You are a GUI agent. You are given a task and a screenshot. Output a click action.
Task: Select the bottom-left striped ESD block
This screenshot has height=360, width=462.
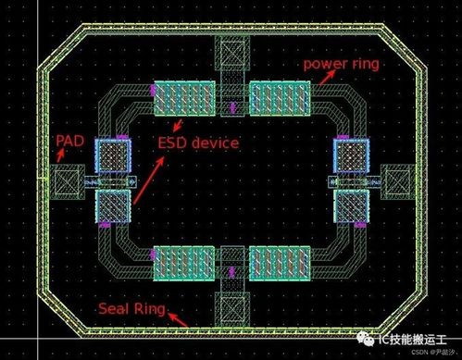(x=183, y=265)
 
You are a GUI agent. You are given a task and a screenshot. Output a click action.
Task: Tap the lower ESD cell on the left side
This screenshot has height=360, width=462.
(x=113, y=207)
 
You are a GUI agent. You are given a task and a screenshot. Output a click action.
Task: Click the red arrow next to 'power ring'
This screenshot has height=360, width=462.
(x=326, y=80)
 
